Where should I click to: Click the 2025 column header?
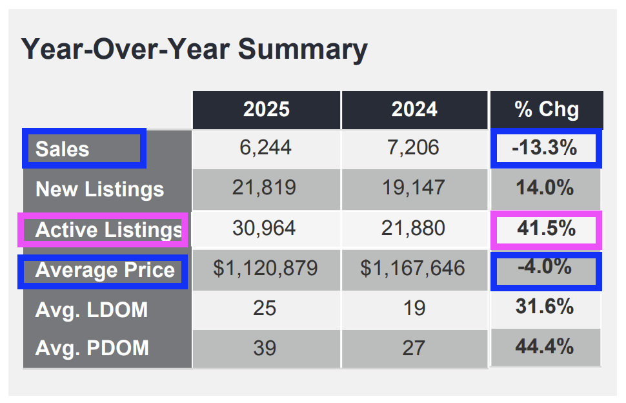click(x=266, y=109)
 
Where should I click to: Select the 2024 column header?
click(x=414, y=109)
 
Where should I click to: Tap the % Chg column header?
click(x=546, y=109)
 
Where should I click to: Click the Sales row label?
click(x=62, y=149)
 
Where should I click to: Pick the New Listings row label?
click(x=99, y=189)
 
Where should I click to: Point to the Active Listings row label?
click(x=108, y=230)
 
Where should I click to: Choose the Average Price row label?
click(x=105, y=270)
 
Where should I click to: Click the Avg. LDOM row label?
click(x=91, y=310)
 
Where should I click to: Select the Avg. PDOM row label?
click(x=92, y=349)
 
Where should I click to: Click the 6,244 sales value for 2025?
click(x=266, y=148)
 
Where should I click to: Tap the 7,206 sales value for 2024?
click(x=414, y=148)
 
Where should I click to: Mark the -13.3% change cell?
click(x=544, y=148)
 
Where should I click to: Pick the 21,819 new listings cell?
click(x=266, y=188)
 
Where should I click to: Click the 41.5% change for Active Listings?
click(x=545, y=229)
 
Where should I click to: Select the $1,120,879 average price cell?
click(x=266, y=269)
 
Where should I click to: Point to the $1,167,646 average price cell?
click(x=414, y=269)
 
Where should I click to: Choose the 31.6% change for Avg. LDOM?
click(x=545, y=307)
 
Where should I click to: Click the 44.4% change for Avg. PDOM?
click(x=545, y=347)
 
